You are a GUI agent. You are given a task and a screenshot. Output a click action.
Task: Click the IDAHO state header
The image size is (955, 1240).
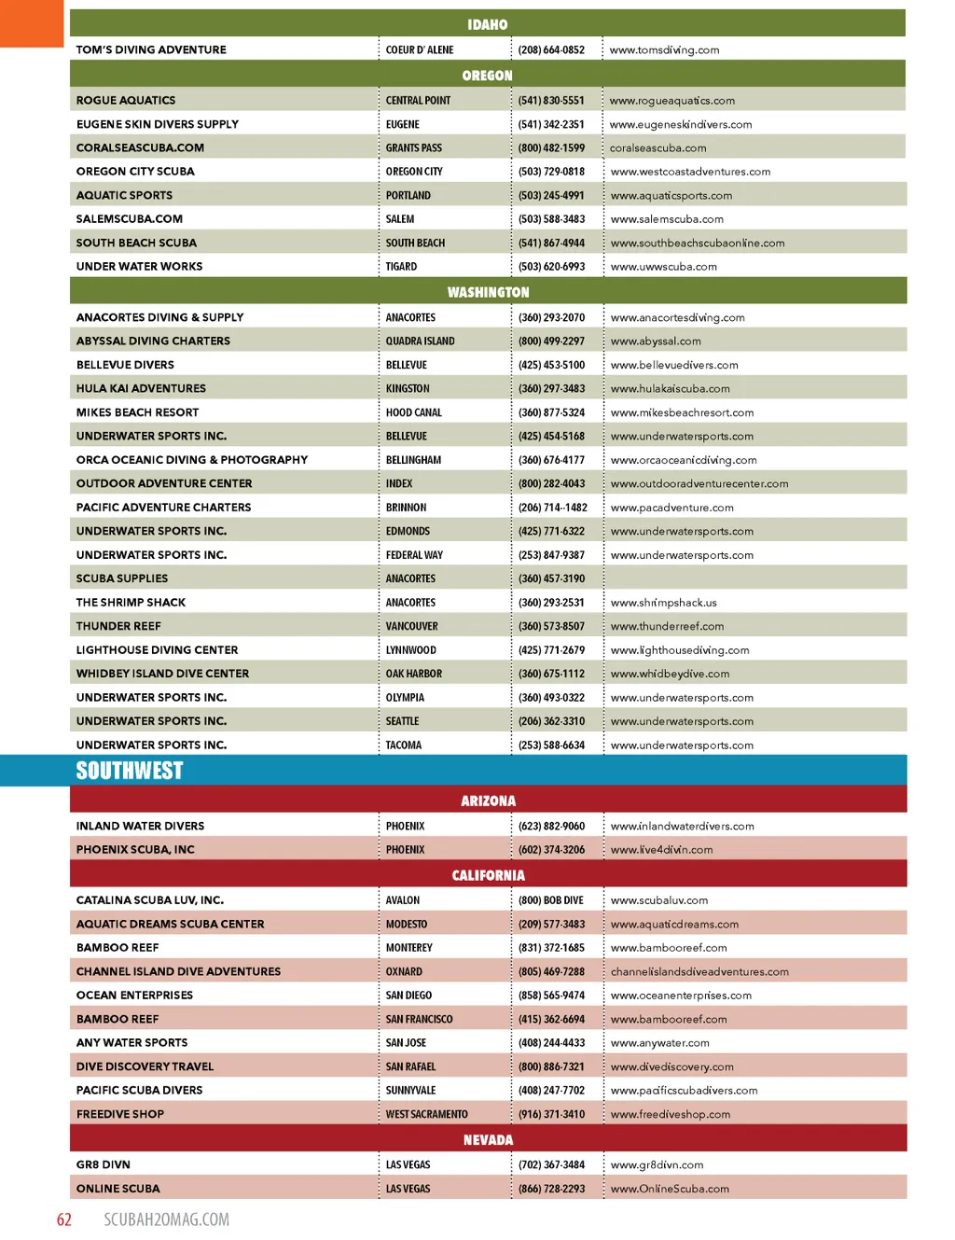point(488,24)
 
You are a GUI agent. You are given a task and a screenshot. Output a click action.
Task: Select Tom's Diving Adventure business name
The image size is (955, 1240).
point(151,49)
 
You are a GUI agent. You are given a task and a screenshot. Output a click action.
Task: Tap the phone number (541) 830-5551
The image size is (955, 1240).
point(551,100)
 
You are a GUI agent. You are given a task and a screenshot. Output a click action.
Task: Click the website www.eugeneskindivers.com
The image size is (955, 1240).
point(681,124)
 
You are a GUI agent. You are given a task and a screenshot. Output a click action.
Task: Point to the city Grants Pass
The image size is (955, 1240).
point(414,147)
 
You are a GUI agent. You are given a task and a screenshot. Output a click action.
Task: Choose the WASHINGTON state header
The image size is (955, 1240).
point(488,292)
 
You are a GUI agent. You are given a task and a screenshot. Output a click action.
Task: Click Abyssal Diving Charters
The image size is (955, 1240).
point(153,341)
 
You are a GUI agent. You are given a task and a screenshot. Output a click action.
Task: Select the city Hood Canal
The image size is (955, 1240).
point(414,412)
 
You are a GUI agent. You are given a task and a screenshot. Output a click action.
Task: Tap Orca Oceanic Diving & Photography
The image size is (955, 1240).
point(192,460)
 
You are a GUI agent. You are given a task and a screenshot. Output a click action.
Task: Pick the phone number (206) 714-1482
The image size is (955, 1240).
point(553,508)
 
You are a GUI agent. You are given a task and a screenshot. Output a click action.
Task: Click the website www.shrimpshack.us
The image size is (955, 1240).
point(664,603)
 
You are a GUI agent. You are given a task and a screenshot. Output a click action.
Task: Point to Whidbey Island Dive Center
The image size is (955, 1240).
point(162,674)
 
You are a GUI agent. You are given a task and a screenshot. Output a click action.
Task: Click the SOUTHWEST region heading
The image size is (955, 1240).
point(130,771)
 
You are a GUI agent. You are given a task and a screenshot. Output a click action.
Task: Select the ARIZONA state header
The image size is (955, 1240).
point(488,801)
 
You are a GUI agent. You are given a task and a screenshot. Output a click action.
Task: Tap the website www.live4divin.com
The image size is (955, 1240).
point(662,850)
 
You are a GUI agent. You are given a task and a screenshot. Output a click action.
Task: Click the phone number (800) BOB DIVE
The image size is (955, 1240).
point(551,900)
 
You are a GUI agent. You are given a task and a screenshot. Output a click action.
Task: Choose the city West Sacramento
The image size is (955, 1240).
point(427,1114)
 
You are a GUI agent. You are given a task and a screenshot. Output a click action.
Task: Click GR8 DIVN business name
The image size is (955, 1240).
point(104,1164)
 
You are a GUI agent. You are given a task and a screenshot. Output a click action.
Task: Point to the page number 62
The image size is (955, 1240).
point(64,1219)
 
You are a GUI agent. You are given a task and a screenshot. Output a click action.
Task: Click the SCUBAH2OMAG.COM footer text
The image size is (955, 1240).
point(166,1219)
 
